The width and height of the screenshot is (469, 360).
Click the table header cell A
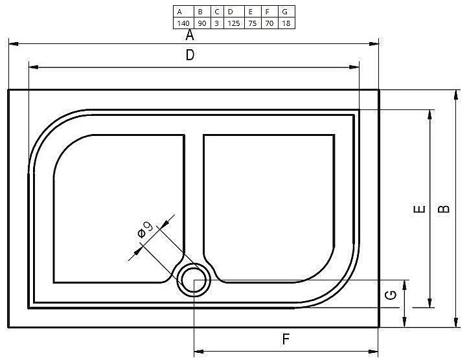(183, 12)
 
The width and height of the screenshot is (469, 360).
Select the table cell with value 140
(183, 23)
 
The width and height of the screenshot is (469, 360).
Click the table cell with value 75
(251, 23)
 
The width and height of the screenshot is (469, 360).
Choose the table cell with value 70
(268, 23)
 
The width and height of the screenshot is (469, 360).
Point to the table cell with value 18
(285, 23)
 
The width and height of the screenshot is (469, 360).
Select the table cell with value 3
(216, 23)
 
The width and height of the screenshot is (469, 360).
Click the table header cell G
(285, 12)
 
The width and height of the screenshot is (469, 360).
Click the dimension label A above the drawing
(190, 35)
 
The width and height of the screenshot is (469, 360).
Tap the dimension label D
(190, 56)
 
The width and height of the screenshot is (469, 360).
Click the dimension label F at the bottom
(285, 338)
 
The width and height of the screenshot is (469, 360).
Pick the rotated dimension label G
(391, 296)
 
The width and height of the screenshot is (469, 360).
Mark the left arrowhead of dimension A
(12, 44)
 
